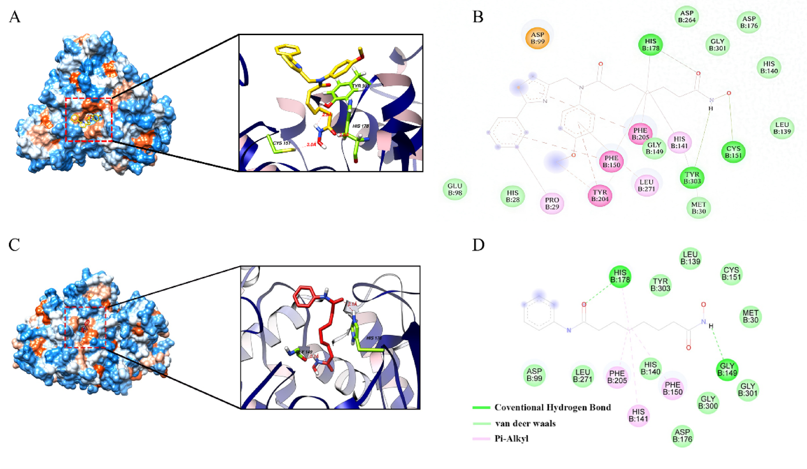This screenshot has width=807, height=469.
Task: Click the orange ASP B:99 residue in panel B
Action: (x=537, y=38)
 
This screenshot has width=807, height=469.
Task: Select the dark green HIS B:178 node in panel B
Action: (x=650, y=45)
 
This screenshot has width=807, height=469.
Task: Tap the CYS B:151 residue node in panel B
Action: (x=733, y=152)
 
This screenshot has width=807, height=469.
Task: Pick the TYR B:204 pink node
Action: (x=600, y=195)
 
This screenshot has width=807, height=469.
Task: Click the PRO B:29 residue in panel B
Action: (x=552, y=203)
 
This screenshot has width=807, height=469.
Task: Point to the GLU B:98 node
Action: (x=455, y=189)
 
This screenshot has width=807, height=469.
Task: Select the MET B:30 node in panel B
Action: (x=698, y=208)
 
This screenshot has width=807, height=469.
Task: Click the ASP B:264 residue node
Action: (x=687, y=16)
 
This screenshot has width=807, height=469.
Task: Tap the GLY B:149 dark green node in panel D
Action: (x=727, y=370)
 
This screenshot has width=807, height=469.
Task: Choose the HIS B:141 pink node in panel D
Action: (x=638, y=415)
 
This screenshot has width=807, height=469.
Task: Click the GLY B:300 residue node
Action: (x=708, y=402)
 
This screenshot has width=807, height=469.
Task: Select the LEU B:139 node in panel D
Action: (x=690, y=258)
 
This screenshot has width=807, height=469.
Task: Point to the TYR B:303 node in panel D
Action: (x=660, y=285)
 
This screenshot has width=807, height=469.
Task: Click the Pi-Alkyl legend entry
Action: (x=511, y=439)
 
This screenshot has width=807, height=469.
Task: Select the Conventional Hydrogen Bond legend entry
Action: (x=552, y=408)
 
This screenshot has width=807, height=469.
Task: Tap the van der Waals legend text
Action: (x=525, y=424)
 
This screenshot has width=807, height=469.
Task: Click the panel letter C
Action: (x=14, y=245)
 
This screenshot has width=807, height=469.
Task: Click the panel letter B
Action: (x=478, y=17)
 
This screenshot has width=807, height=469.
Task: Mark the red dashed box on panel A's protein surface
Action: (x=89, y=119)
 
